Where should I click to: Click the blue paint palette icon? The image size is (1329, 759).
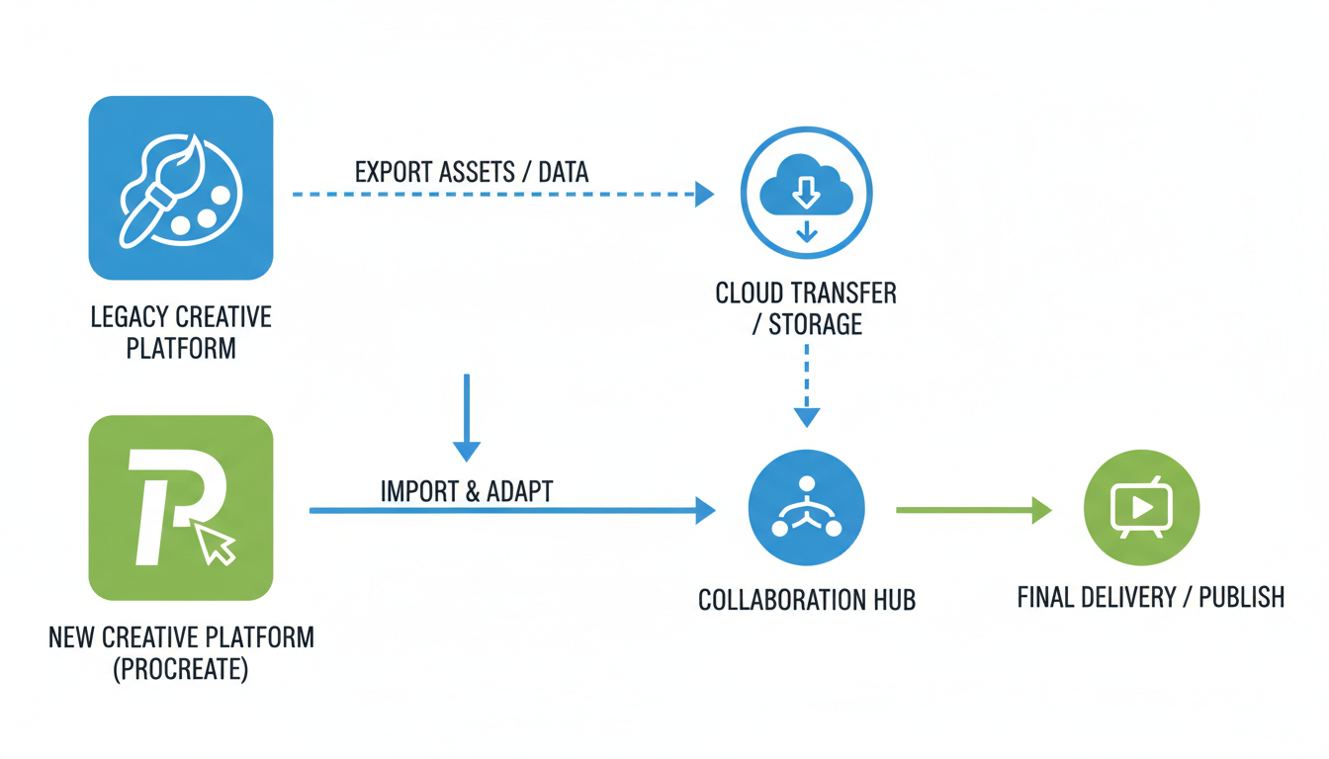pyautogui.click(x=181, y=188)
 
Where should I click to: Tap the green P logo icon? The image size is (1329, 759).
pyautogui.click(x=181, y=507)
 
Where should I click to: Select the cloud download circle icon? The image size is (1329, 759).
pyautogui.click(x=806, y=193)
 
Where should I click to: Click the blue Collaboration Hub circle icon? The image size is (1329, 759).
pyautogui.click(x=806, y=508)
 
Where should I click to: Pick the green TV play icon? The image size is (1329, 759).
pyautogui.click(x=1141, y=508)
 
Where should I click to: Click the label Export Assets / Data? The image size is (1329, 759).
pyautogui.click(x=471, y=172)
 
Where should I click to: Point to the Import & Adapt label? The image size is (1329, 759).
pyautogui.click(x=466, y=490)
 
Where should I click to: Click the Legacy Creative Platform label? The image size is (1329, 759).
pyautogui.click(x=181, y=332)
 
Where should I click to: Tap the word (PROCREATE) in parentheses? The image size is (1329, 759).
pyautogui.click(x=181, y=669)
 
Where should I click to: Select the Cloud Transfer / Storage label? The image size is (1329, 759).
pyautogui.click(x=806, y=308)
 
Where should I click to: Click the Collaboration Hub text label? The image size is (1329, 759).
pyautogui.click(x=806, y=600)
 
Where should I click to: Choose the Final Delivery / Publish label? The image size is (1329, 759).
pyautogui.click(x=1150, y=597)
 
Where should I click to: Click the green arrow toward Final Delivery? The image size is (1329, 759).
pyautogui.click(x=973, y=510)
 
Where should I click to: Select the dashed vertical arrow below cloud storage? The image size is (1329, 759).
pyautogui.click(x=807, y=385)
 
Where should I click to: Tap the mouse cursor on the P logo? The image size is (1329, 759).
pyautogui.click(x=216, y=544)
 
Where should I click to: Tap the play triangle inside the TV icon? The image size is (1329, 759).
pyautogui.click(x=1142, y=508)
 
